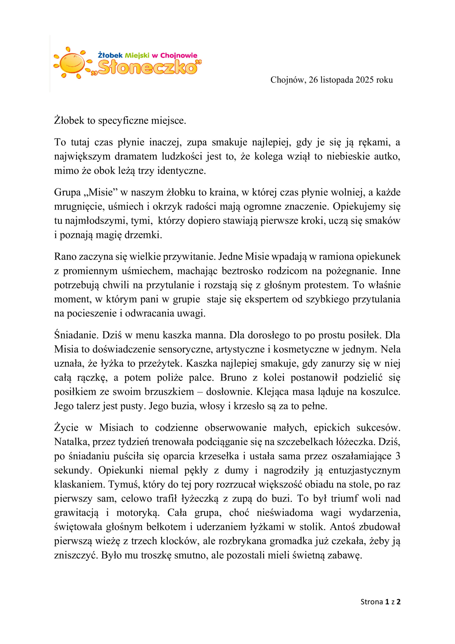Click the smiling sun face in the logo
[72, 63]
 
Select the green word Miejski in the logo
[137, 55]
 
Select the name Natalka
[71, 441]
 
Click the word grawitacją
[76, 512]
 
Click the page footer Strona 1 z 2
[380, 602]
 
